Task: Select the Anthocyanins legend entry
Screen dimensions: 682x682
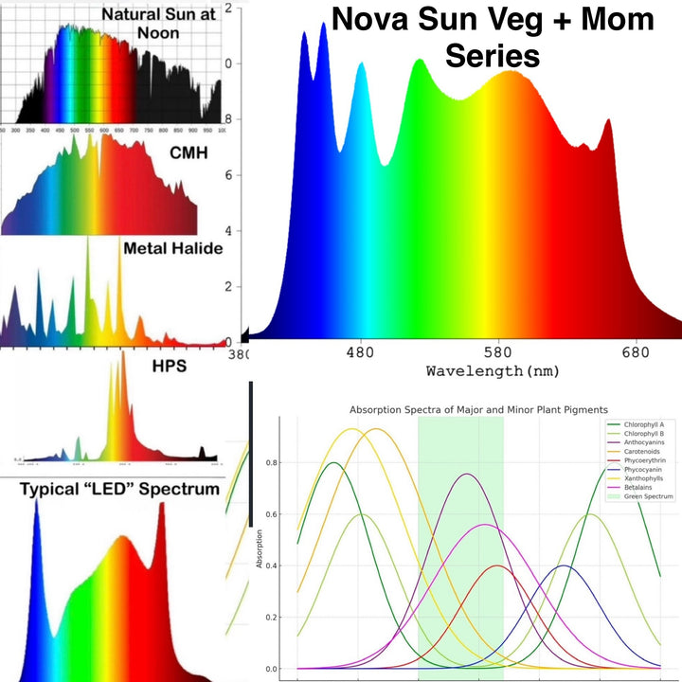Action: pos(647,442)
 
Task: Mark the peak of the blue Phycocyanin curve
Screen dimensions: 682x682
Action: pos(565,565)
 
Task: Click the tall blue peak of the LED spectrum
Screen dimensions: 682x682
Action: pos(37,502)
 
